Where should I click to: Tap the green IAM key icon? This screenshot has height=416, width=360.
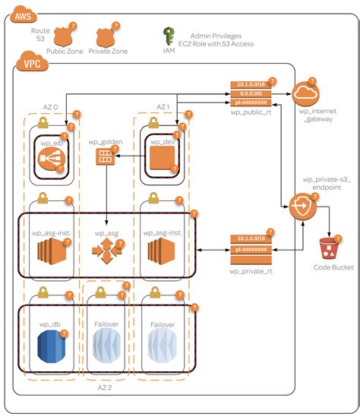pos(169,36)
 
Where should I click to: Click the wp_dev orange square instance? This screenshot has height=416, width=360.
pos(161,159)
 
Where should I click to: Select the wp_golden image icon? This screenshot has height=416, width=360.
pos(104,157)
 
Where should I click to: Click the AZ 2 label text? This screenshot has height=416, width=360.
pos(106,386)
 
